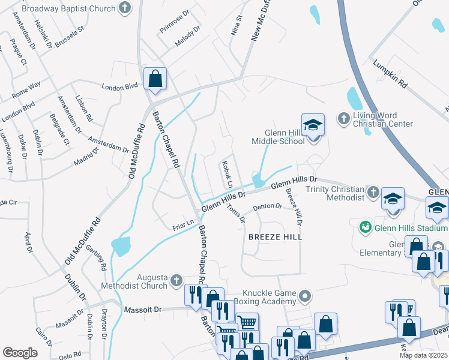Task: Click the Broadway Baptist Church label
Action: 66,8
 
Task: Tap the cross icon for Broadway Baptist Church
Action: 124,8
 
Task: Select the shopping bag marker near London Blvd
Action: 155,79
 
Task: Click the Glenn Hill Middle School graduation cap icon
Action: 313,125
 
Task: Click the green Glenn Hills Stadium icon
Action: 364,227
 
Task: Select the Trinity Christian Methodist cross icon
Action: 373,193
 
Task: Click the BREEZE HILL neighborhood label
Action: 276,237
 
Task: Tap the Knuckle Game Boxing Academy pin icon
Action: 306,296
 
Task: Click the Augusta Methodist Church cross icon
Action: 176,280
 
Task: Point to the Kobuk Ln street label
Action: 226,170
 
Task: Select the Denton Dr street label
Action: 267,207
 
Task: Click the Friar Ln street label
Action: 183,223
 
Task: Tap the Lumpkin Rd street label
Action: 390,74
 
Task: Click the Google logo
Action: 20,353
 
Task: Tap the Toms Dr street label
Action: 236,213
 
